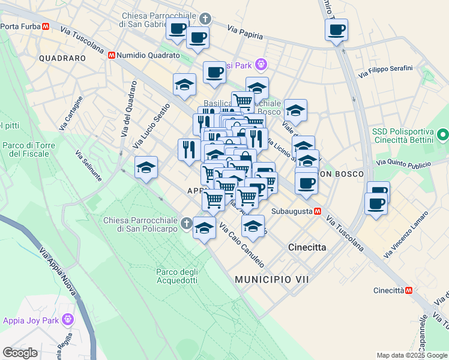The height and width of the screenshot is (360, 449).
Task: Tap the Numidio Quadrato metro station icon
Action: pyautogui.click(x=112, y=55)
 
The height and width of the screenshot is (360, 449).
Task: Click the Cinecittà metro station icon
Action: pyautogui.click(x=409, y=290)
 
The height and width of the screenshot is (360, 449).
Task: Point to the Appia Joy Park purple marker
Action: pyautogui.click(x=67, y=320)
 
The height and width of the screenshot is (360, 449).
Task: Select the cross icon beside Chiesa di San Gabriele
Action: pyautogui.click(x=205, y=19)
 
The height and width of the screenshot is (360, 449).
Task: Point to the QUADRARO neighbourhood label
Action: pyautogui.click(x=62, y=58)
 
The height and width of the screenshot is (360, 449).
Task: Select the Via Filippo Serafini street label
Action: pyautogui.click(x=385, y=71)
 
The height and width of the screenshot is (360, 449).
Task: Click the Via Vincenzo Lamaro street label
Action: pyautogui.click(x=406, y=235)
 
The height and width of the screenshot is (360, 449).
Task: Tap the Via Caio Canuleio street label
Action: pyautogui.click(x=241, y=245)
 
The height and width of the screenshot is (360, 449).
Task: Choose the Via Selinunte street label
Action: pyautogui.click(x=87, y=163)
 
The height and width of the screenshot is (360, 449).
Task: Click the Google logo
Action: pyautogui.click(x=20, y=353)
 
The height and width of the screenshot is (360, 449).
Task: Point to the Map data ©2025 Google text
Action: pyautogui.click(x=411, y=355)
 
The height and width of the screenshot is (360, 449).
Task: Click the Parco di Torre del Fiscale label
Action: pyautogui.click(x=29, y=149)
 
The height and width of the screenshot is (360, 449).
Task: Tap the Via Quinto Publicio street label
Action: pyautogui.click(x=404, y=163)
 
